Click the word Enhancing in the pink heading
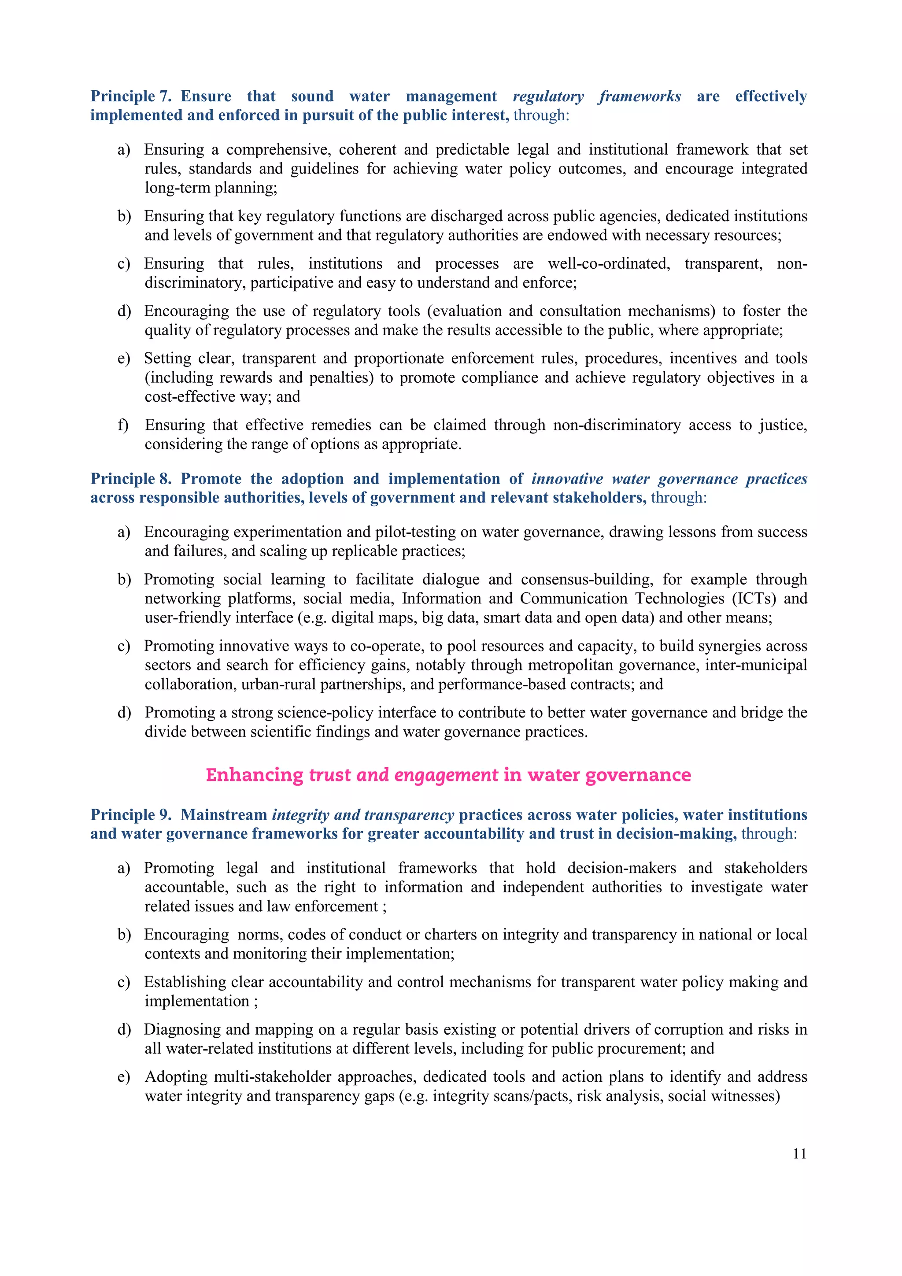coord(255,775)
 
